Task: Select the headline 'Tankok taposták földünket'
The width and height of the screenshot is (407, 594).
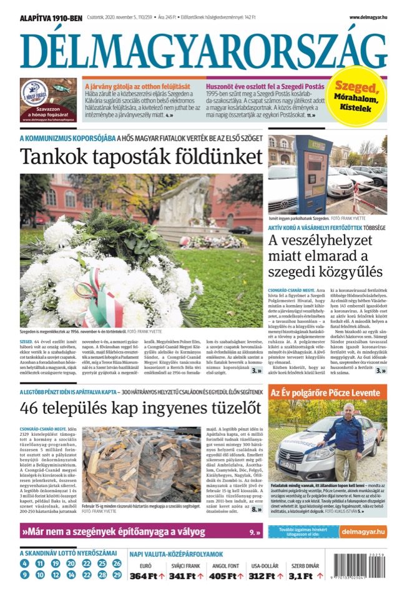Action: coord(141,156)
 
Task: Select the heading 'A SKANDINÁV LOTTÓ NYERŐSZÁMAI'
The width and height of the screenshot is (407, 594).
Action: coord(68,552)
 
